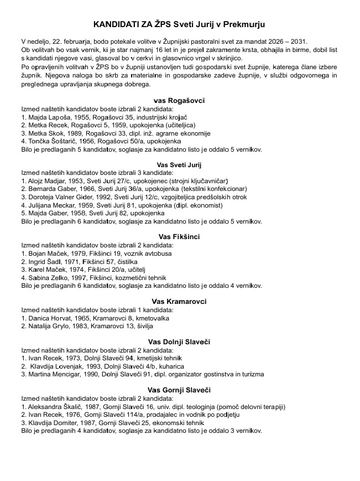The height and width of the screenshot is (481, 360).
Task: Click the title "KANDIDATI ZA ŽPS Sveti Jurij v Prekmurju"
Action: click(179, 25)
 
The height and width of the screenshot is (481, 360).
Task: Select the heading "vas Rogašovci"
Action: click(179, 100)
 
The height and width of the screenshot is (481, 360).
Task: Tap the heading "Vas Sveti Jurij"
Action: click(179, 165)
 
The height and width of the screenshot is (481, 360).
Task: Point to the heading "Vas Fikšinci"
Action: click(179, 237)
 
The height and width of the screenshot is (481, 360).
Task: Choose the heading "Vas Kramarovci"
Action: click(179, 302)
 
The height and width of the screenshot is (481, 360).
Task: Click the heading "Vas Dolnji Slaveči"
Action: click(179, 342)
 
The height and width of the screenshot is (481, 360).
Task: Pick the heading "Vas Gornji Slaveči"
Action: click(179, 390)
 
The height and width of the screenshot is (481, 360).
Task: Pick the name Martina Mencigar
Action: click(54, 375)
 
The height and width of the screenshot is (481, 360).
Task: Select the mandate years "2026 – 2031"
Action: click(290, 42)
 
